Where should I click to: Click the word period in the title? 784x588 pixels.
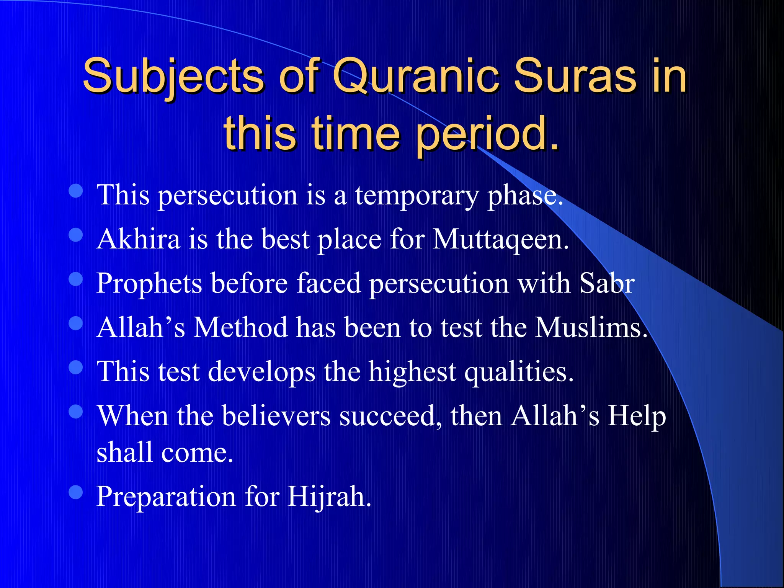coord(486,134)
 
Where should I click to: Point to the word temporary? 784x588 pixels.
coord(416,195)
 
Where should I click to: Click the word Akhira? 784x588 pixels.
coord(138,239)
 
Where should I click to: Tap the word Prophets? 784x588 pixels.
coord(149,284)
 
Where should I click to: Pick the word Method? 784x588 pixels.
coord(240,328)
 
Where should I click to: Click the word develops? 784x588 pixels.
coord(261,372)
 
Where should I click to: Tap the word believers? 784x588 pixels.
coord(276,416)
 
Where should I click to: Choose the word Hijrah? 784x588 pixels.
coord(329,497)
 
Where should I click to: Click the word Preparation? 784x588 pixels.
coord(166,497)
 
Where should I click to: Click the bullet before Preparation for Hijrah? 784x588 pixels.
coord(76,492)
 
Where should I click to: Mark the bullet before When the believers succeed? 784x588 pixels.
coord(76,412)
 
